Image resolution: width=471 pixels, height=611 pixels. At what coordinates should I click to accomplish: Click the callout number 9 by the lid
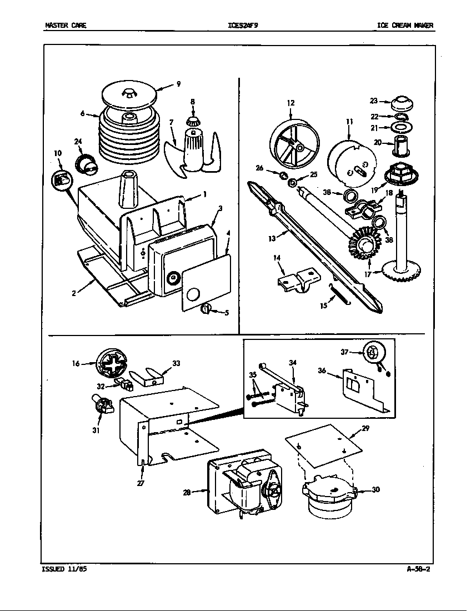click(178, 84)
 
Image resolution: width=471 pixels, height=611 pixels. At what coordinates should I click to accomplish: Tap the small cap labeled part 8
click(194, 120)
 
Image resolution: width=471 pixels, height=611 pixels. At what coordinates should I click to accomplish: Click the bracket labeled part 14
click(298, 279)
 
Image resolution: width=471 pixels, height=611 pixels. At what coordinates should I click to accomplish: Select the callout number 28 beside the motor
click(187, 492)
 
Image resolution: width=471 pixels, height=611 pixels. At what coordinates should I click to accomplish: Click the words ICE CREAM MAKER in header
click(405, 25)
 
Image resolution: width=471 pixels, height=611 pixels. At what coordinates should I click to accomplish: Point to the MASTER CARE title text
click(66, 25)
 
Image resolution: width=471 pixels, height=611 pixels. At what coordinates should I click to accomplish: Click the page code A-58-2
click(418, 569)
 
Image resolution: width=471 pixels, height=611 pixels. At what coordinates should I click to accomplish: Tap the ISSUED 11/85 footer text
click(64, 569)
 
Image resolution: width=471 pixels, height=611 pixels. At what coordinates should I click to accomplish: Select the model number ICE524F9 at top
click(243, 25)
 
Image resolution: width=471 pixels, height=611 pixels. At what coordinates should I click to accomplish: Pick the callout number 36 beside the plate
click(322, 370)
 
